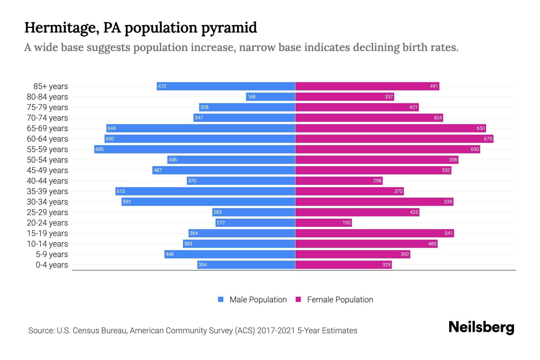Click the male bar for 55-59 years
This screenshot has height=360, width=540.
195,149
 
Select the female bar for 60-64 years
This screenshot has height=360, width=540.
394,139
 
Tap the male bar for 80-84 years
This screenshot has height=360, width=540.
271,97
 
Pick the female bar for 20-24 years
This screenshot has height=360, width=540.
323,223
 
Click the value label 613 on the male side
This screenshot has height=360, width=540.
121,191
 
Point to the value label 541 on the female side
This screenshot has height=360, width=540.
448,233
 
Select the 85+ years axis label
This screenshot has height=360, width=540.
51,86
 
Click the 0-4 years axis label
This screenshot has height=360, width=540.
52,265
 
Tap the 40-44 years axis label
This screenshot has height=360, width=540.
47,181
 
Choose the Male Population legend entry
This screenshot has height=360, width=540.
258,300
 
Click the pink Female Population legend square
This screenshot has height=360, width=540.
298,299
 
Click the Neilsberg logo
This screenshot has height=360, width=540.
481,327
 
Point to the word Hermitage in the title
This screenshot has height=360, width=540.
62,28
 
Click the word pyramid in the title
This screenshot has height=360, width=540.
229,28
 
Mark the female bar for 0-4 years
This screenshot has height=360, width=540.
343,265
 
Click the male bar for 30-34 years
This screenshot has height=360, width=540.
208,202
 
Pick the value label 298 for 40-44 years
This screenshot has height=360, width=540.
377,181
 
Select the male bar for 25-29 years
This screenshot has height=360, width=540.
254,212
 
